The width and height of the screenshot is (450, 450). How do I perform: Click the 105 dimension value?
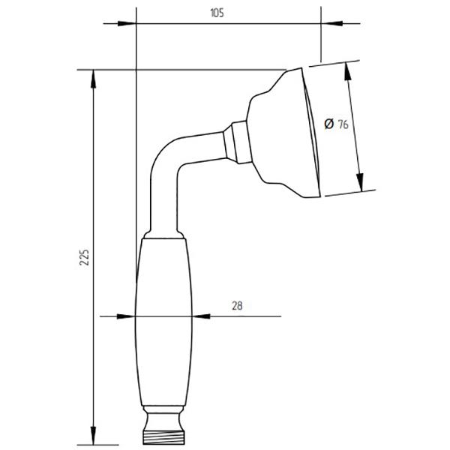click(x=217, y=13)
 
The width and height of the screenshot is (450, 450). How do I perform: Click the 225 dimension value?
click(x=85, y=257)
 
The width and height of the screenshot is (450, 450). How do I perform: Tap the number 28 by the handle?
click(x=237, y=306)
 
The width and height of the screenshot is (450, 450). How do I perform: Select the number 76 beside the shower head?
click(x=343, y=124)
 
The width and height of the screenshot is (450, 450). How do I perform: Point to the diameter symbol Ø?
click(x=329, y=124)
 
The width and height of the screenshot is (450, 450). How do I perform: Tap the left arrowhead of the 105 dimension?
click(x=127, y=23)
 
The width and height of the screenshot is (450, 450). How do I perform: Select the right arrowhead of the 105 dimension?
click(x=330, y=23)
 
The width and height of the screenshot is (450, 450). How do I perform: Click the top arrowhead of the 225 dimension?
click(x=93, y=79)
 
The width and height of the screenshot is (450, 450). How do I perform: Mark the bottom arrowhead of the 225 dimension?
click(x=93, y=435)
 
